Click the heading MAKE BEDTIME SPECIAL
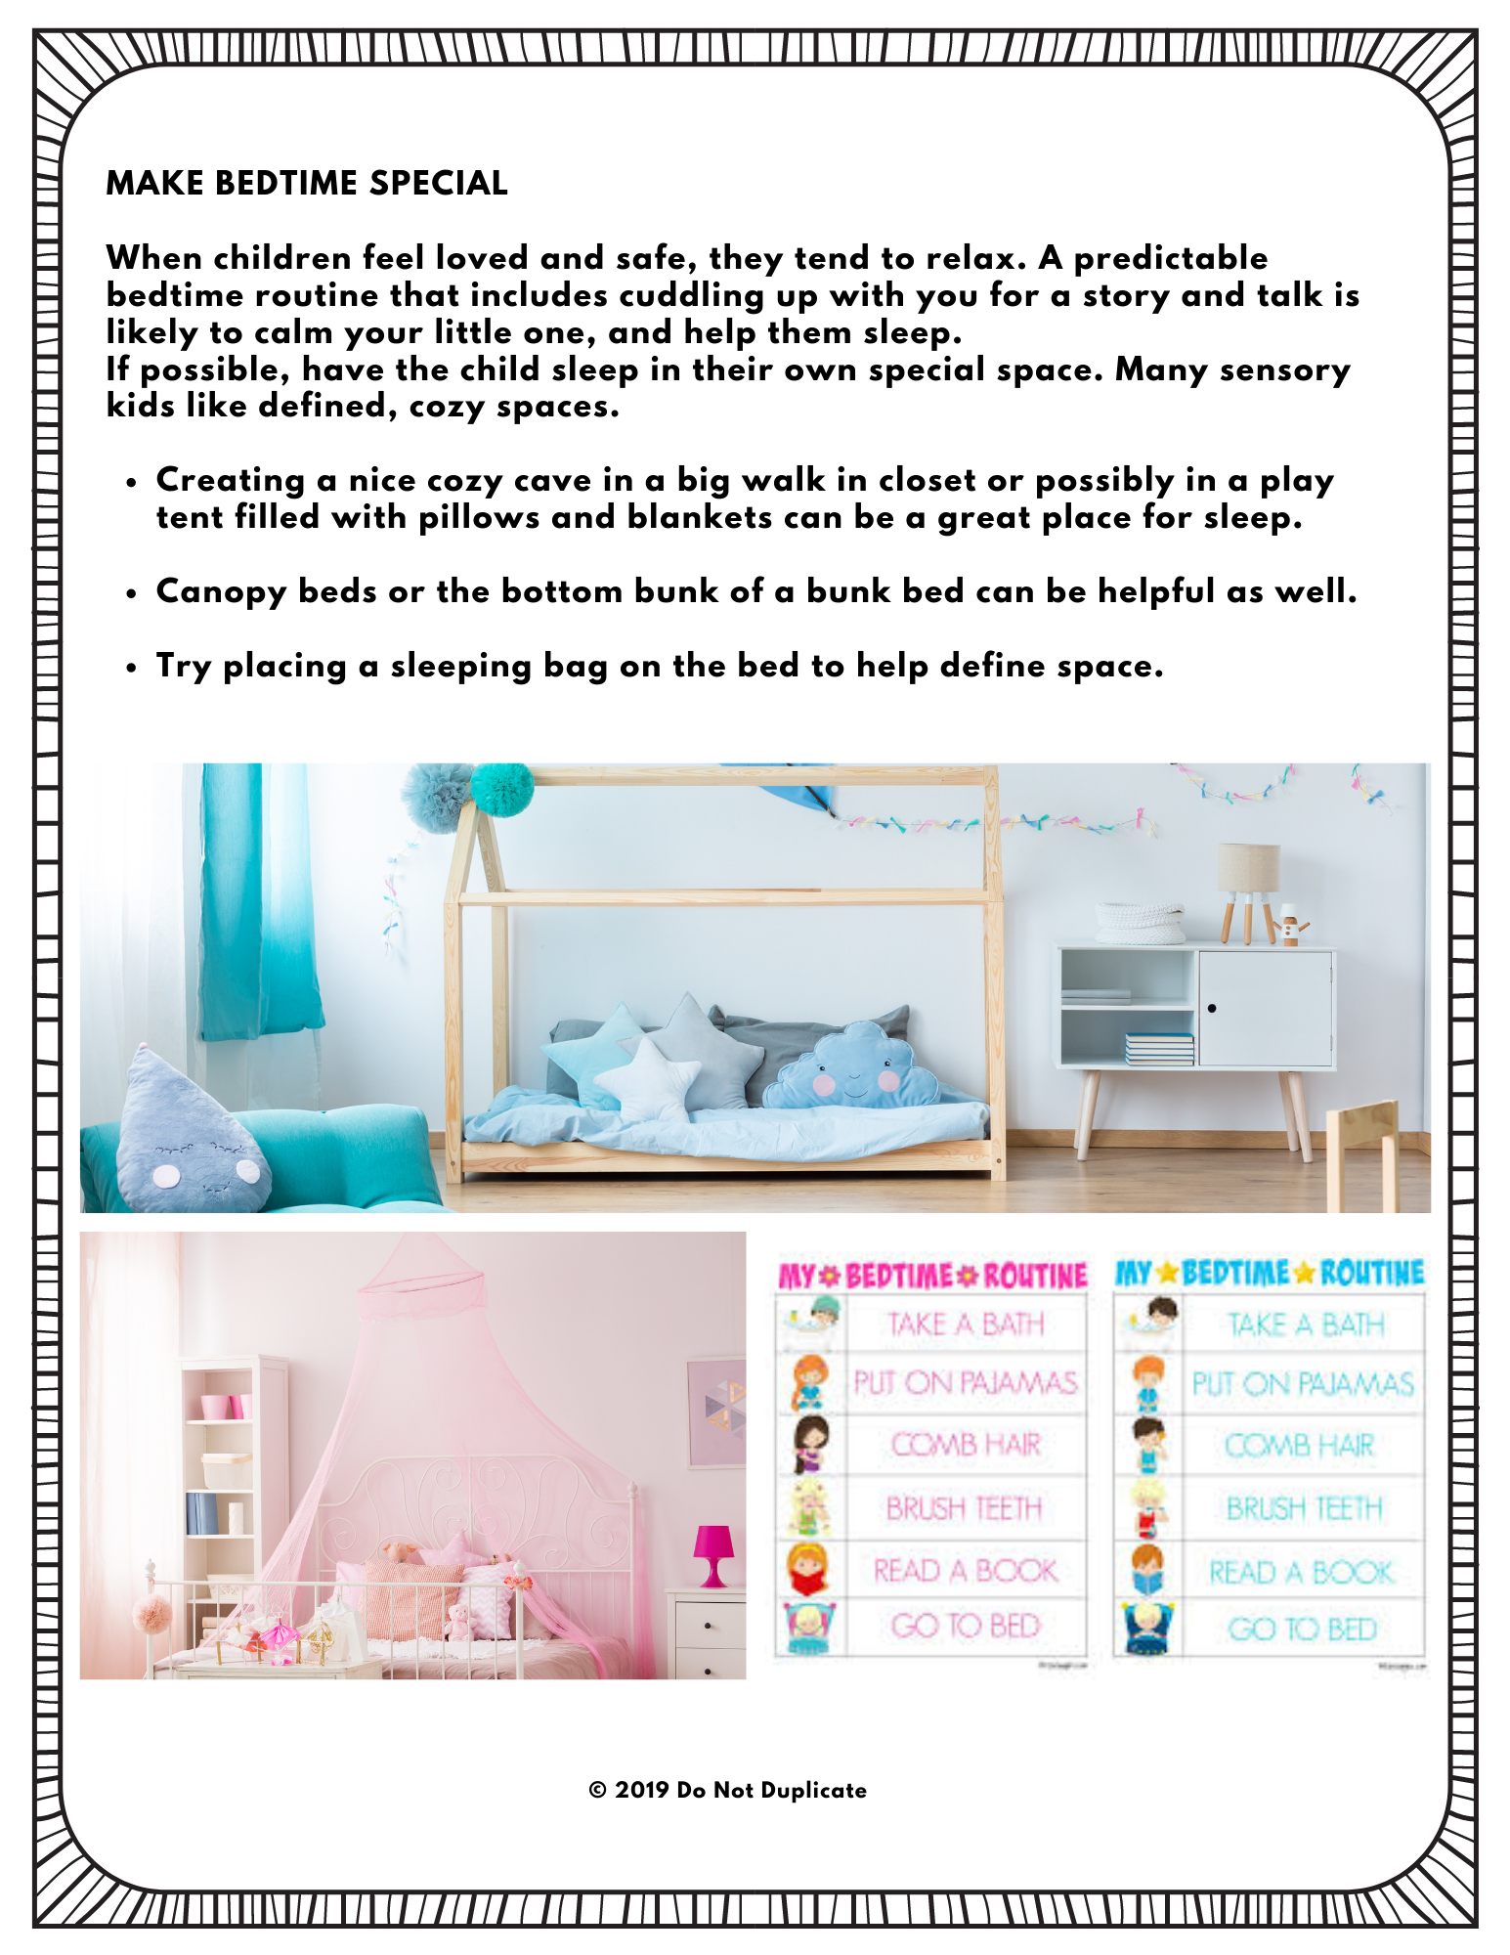click(306, 183)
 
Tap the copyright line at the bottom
click(727, 1790)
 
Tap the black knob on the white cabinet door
click(1212, 1008)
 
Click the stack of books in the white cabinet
click(1159, 1049)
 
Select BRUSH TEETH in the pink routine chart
click(964, 1508)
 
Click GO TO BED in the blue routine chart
click(1302, 1629)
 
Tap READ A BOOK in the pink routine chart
click(965, 1570)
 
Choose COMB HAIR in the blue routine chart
click(1300, 1446)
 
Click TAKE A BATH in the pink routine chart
click(966, 1324)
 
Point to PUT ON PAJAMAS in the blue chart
click(1302, 1383)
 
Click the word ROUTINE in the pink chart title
click(1034, 1276)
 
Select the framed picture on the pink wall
click(717, 1412)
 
